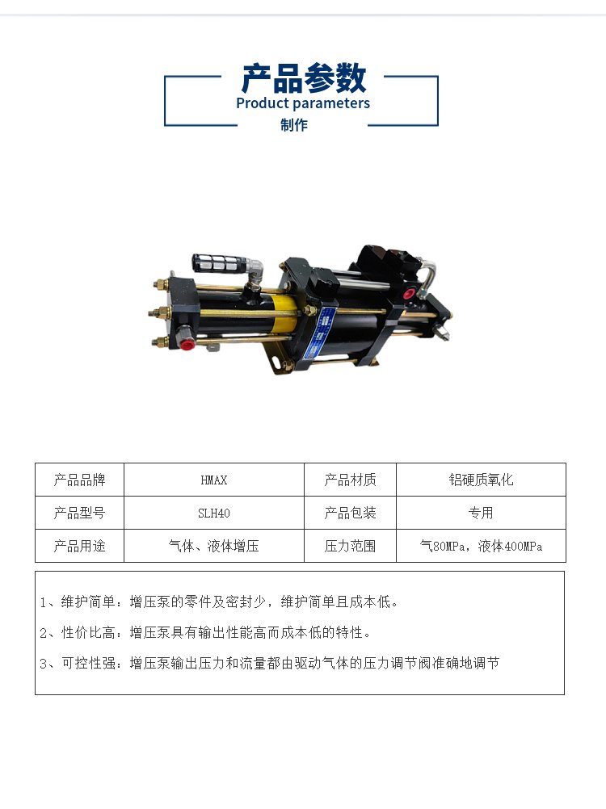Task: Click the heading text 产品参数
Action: (x=304, y=78)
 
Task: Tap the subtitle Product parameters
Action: (x=303, y=103)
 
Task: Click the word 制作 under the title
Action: (x=294, y=125)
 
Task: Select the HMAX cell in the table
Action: (x=213, y=480)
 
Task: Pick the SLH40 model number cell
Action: (x=213, y=513)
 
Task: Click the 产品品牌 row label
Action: (x=79, y=480)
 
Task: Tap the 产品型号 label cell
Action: (x=79, y=513)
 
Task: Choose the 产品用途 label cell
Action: (x=79, y=546)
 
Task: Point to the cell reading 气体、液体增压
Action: (x=213, y=546)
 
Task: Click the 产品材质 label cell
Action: (x=350, y=480)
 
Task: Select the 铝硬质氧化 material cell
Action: (x=481, y=480)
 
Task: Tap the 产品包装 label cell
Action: (x=350, y=513)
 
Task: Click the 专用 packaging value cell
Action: (x=481, y=513)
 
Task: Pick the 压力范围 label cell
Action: (x=350, y=546)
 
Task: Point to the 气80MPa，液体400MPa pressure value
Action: (x=481, y=546)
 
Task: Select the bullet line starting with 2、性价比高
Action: (x=205, y=632)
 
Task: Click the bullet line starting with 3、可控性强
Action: (x=269, y=663)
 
